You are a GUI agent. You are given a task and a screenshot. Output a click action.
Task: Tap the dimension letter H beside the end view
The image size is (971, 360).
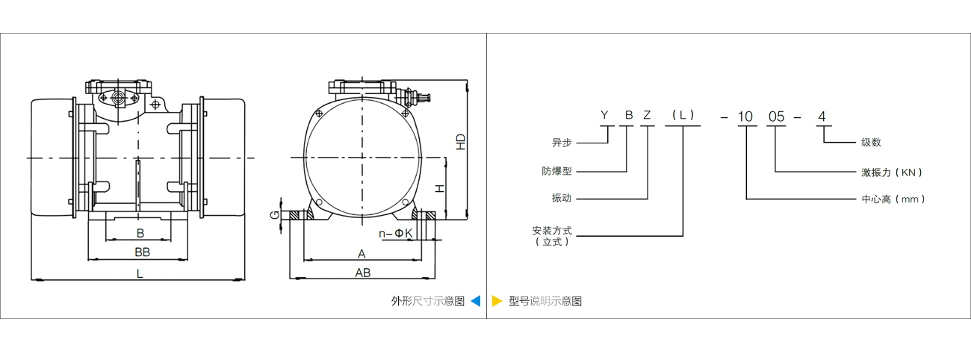[x=441, y=188]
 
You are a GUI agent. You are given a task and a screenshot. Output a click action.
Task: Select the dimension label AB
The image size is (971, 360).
[x=363, y=273]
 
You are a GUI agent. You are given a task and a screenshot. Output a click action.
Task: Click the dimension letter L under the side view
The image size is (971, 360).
[x=140, y=273]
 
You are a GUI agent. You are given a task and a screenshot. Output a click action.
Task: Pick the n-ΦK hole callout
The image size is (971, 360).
[x=395, y=233]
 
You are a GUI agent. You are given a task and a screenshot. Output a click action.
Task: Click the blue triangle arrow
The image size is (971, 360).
[x=476, y=301]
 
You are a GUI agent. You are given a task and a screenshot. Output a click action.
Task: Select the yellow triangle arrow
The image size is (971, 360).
[x=497, y=301]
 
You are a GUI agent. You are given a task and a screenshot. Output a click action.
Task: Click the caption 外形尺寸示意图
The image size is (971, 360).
[x=428, y=301]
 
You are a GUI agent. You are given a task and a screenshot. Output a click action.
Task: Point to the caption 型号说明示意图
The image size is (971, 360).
[x=545, y=301]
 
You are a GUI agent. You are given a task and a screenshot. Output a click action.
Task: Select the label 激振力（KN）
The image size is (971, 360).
[x=892, y=172]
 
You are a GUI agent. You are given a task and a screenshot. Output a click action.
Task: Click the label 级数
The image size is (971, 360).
[x=871, y=142]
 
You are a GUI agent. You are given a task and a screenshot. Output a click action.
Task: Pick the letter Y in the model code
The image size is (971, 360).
[x=606, y=115]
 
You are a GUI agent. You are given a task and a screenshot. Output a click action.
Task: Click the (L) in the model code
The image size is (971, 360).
[x=683, y=115]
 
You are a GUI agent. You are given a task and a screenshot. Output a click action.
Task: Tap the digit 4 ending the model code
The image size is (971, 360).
[x=822, y=116]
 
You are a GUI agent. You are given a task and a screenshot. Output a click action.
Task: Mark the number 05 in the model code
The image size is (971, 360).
[x=778, y=116]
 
